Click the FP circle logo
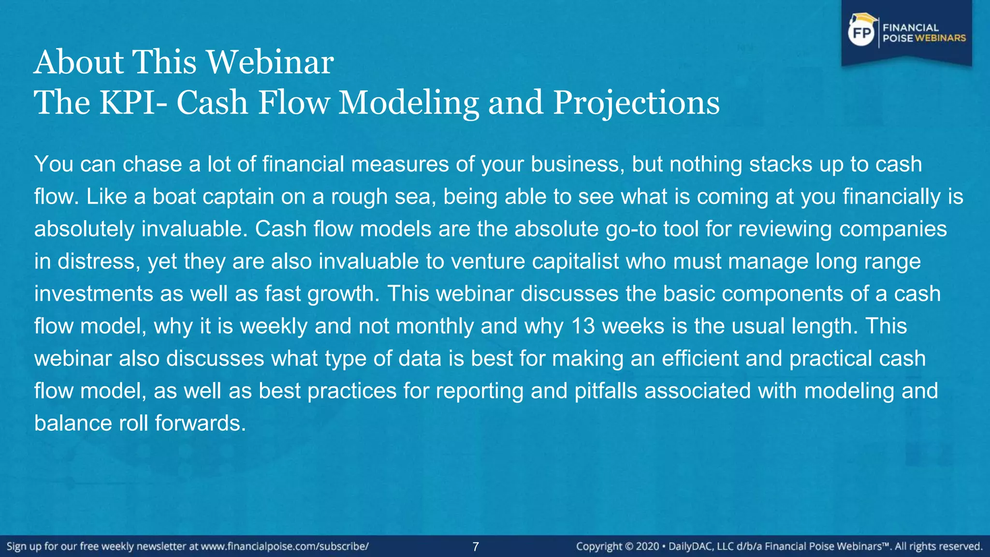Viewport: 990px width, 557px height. click(861, 33)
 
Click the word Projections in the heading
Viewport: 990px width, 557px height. click(636, 103)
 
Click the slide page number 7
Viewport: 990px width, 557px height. click(476, 547)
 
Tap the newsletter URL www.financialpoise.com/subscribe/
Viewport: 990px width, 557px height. click(285, 546)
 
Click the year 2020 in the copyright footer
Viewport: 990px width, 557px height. click(647, 546)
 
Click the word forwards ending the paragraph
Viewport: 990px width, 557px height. click(200, 423)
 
